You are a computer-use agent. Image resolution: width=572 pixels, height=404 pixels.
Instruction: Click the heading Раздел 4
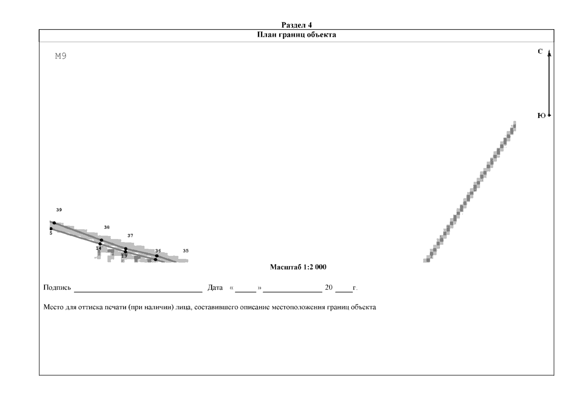coord(296,25)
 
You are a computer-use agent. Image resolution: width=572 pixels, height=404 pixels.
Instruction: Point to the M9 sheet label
coord(61,56)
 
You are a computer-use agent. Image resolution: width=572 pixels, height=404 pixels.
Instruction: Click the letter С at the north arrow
coord(540,51)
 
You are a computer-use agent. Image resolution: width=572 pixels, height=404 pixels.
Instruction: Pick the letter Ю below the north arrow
coord(541,115)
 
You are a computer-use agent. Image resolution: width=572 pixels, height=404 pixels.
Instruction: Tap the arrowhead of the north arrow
coord(549,53)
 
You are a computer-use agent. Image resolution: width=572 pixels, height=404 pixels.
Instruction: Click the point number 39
coord(59,210)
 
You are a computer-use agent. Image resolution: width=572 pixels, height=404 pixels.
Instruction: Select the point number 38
coord(107,227)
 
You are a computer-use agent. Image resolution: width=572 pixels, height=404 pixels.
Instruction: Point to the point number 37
coord(130,236)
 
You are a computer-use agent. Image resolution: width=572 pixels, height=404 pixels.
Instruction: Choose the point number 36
coord(158,251)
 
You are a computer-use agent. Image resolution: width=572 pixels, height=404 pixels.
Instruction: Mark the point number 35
coord(186,250)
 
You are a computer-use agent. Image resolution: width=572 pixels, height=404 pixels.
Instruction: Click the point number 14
coord(99,248)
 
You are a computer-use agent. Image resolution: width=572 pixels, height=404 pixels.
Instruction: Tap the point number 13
coord(124,256)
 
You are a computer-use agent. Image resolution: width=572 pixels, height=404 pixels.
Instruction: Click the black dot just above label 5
coord(51,229)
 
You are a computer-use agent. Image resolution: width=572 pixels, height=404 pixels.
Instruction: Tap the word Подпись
coord(57,288)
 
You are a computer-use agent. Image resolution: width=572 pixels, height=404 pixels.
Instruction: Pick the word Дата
coord(215,288)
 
